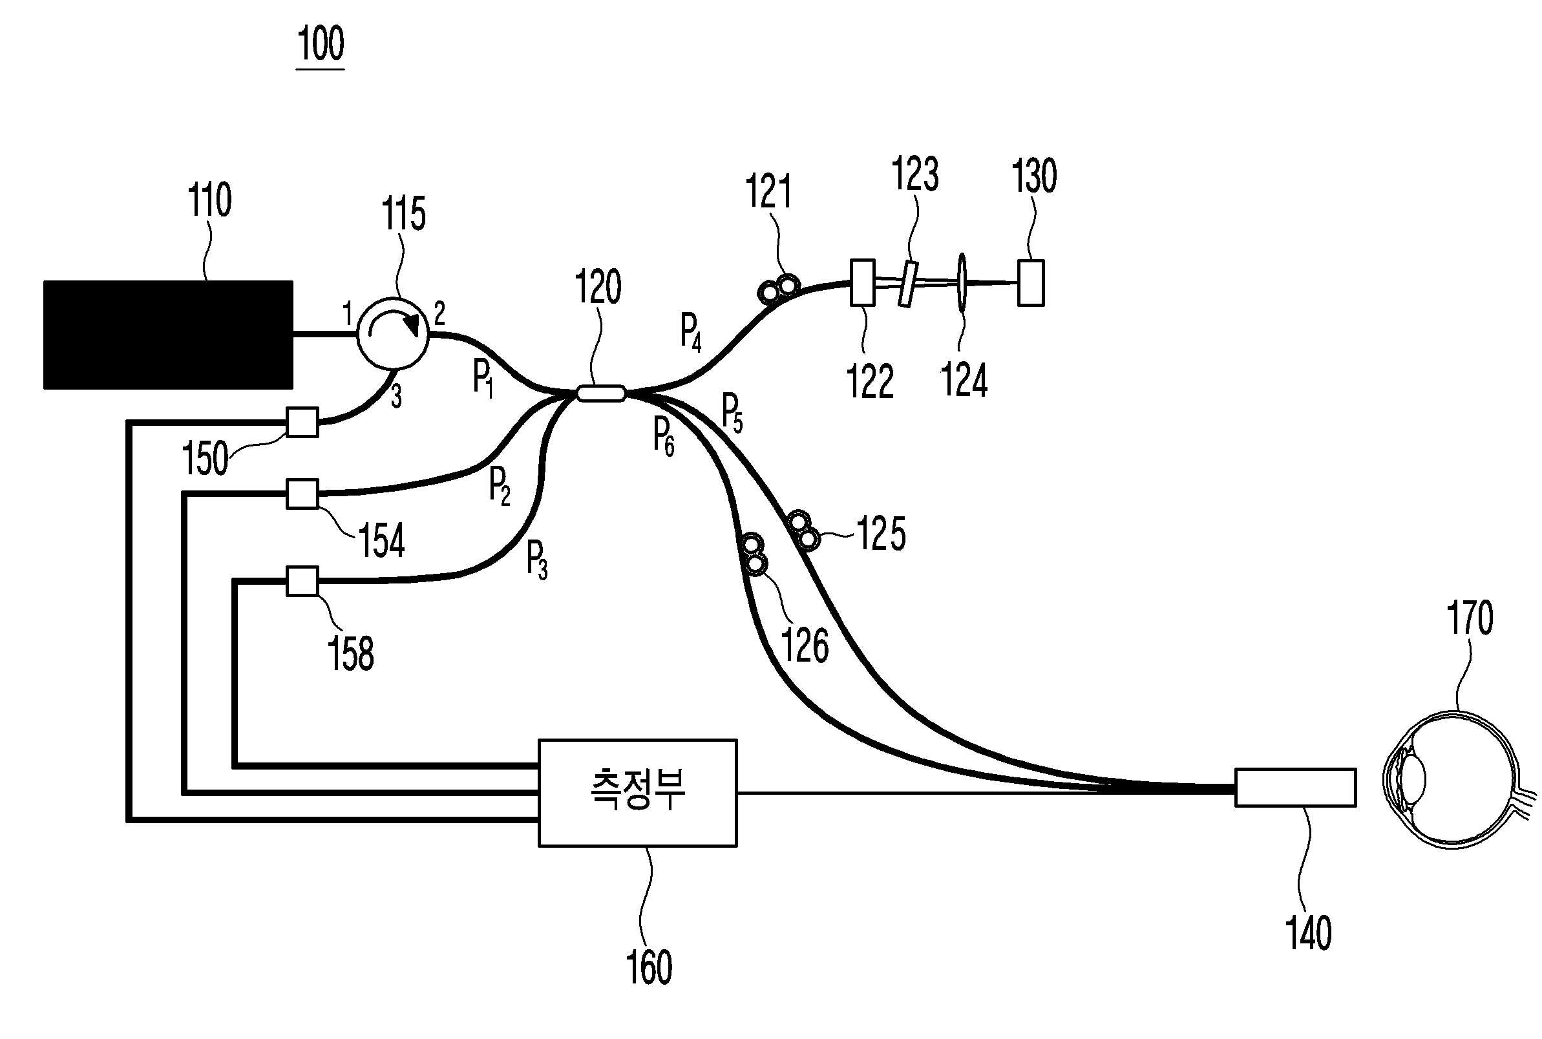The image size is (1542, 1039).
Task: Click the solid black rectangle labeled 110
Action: tap(167, 335)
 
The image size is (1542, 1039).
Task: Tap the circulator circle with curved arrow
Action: tap(392, 333)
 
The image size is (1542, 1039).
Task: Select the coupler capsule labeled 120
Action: tap(600, 394)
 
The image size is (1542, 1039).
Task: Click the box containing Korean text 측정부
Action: tap(637, 793)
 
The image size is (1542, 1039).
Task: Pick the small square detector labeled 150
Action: tap(302, 422)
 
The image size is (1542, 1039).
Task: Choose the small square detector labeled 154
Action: tap(302, 494)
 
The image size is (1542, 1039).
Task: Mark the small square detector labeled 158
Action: tap(302, 581)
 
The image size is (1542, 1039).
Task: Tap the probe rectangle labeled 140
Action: tap(1295, 787)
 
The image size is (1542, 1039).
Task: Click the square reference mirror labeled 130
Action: tap(1030, 283)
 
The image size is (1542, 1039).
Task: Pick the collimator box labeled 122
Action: tap(862, 282)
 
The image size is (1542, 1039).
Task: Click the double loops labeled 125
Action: tap(803, 530)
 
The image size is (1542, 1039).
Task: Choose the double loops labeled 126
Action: tap(754, 554)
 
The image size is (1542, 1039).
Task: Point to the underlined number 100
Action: tap(321, 44)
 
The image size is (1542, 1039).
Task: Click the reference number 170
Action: tap(1470, 618)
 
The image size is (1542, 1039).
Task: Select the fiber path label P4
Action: tap(690, 332)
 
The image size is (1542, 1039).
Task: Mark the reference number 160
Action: tap(649, 967)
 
